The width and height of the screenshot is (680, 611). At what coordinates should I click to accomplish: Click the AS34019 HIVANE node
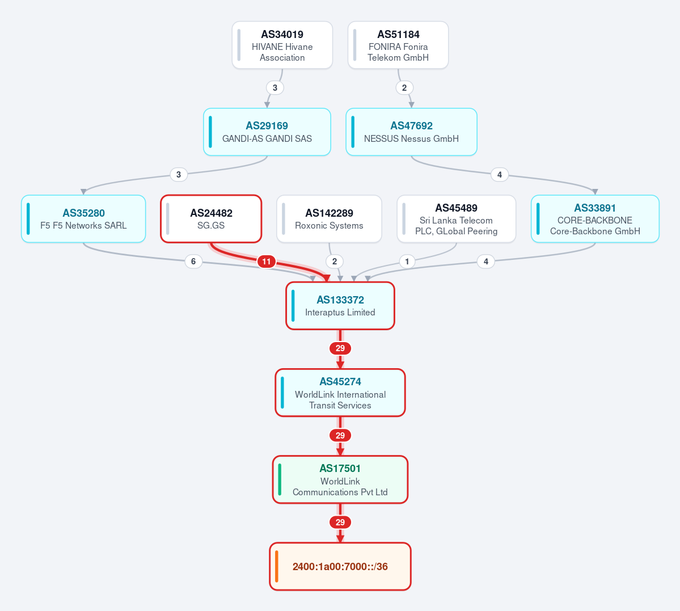pyautogui.click(x=282, y=45)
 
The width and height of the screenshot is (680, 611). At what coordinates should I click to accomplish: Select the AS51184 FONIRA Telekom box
pyautogui.click(x=398, y=45)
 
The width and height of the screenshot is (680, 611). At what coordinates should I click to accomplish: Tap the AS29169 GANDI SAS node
pyautogui.click(x=267, y=132)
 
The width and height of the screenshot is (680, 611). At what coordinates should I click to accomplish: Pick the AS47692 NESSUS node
pyautogui.click(x=412, y=132)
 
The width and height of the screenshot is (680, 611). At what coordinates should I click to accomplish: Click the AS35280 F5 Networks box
pyautogui.click(x=83, y=219)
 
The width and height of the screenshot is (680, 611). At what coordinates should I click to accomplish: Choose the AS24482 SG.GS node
pyautogui.click(x=211, y=219)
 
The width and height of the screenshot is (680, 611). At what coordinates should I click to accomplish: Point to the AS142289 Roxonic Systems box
pyautogui.click(x=329, y=219)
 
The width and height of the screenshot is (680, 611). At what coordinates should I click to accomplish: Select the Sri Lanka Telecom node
pyautogui.click(x=456, y=219)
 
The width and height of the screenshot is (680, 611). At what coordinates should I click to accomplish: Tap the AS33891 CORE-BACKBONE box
pyautogui.click(x=595, y=219)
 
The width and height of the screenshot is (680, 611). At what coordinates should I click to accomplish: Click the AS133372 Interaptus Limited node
pyautogui.click(x=340, y=305)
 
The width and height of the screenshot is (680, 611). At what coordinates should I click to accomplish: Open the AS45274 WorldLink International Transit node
pyautogui.click(x=340, y=392)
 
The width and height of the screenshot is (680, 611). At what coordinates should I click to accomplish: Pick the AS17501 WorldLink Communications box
pyautogui.click(x=340, y=479)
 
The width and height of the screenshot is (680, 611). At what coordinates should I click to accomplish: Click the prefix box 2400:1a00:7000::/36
pyautogui.click(x=340, y=566)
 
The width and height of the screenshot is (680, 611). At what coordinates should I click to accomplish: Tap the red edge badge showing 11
pyautogui.click(x=267, y=262)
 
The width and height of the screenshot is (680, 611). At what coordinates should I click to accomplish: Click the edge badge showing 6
pyautogui.click(x=193, y=261)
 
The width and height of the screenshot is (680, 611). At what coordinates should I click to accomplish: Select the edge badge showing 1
pyautogui.click(x=407, y=261)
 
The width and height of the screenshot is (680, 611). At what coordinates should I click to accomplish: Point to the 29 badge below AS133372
pyautogui.click(x=340, y=348)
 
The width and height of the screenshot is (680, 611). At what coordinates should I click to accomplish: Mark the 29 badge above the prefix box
pyautogui.click(x=340, y=522)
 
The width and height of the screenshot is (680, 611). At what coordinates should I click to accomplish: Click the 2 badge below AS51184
pyautogui.click(x=404, y=88)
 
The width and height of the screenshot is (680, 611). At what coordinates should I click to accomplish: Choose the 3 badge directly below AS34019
pyautogui.click(x=275, y=88)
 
